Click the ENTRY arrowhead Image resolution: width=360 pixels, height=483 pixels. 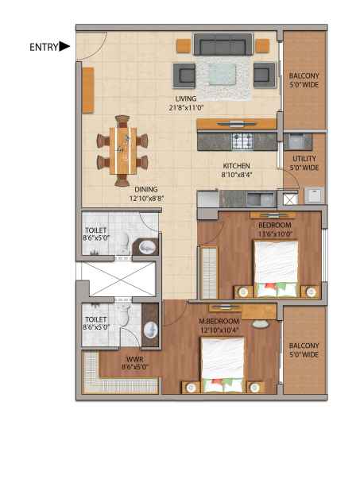[x=64, y=47]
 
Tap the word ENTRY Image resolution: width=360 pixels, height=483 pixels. [x=44, y=47]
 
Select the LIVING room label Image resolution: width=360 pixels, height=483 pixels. [x=186, y=103]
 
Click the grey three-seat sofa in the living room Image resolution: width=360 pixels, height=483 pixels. [x=223, y=44]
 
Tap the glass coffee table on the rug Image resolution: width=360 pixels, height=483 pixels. [x=223, y=74]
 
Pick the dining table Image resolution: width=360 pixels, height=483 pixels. [x=122, y=150]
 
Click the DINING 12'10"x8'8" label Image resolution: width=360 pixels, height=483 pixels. [x=146, y=194]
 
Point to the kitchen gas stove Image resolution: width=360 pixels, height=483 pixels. [x=242, y=141]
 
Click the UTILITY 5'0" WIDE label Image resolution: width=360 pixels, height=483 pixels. [x=304, y=163]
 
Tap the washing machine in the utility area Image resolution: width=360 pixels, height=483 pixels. [x=314, y=195]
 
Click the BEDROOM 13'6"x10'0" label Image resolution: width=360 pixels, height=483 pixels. [x=275, y=229]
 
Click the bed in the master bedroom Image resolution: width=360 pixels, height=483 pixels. [x=223, y=365]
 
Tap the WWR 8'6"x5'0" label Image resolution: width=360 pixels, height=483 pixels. [x=135, y=363]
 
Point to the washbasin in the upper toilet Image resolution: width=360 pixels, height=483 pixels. [x=147, y=247]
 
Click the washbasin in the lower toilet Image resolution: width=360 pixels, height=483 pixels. [x=151, y=330]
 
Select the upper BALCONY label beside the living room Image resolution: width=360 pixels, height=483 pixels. [x=304, y=80]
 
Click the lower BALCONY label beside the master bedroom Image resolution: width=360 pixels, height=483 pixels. [x=304, y=350]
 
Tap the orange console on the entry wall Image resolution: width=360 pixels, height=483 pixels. [x=88, y=91]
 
